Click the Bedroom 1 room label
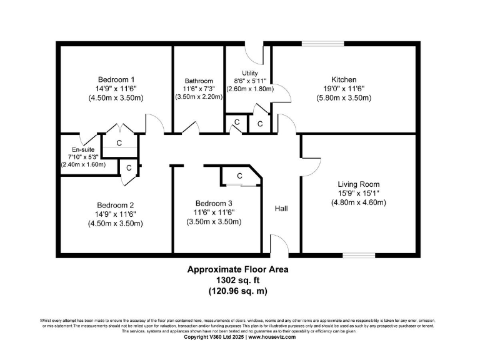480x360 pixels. coord(116,79)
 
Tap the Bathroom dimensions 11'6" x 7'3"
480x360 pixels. coord(199,89)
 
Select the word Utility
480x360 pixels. coord(249,73)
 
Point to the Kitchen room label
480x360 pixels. coord(344,79)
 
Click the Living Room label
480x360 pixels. coord(358,184)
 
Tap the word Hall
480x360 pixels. coord(281,208)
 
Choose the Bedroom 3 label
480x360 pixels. coord(214,203)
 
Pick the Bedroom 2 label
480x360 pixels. coord(115,205)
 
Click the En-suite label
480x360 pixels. coord(82,149)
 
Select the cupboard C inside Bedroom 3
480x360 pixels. coord(239,177)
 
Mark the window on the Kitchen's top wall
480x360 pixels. coord(322,44)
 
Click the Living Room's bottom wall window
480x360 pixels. coord(358,254)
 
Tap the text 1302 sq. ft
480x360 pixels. coord(238,281)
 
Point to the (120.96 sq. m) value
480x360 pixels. coord(238,291)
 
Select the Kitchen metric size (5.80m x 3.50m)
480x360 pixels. coord(344,98)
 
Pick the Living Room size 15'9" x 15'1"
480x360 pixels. coord(358,193)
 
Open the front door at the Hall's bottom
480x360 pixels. coord(279,247)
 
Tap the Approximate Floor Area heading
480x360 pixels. coord(238,270)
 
